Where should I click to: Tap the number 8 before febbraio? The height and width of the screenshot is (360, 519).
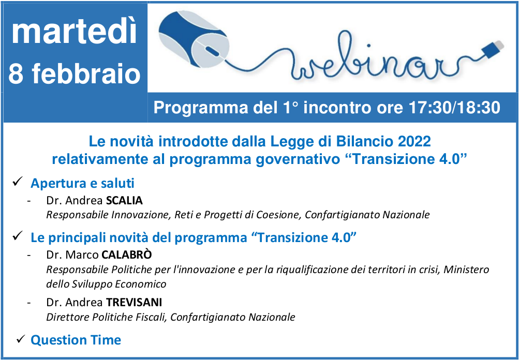tap(16, 73)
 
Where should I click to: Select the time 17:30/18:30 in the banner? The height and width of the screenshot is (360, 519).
tap(454, 108)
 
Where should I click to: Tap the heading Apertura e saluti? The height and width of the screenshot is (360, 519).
tap(82, 183)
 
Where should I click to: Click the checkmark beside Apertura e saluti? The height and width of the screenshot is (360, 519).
tap(17, 182)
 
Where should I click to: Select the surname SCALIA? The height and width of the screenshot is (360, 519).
tap(124, 201)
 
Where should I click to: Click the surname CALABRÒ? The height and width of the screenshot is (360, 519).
tap(127, 254)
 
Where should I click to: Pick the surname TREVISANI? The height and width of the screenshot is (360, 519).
tap(134, 303)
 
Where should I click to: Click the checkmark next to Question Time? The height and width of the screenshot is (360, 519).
tap(21, 338)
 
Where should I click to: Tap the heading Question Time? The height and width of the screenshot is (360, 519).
tap(76, 340)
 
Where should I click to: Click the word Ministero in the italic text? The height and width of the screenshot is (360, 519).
tap(466, 269)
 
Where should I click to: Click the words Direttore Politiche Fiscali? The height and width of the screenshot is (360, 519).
tap(107, 317)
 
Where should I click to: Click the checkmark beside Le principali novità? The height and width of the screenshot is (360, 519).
tap(17, 236)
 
